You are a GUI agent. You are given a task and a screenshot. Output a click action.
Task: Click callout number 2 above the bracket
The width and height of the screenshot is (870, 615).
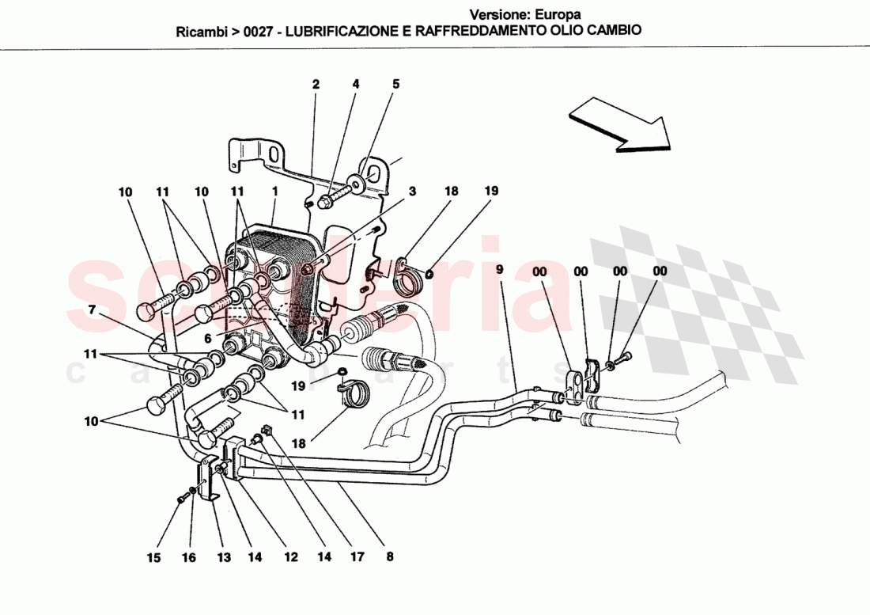tap(316, 84)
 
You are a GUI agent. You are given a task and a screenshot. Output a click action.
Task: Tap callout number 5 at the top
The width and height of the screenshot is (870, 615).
tap(396, 84)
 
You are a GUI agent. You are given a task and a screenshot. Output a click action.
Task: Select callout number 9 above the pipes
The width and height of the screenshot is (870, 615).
tap(499, 270)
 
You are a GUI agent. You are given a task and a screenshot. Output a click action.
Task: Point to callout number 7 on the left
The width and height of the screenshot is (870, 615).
tap(92, 309)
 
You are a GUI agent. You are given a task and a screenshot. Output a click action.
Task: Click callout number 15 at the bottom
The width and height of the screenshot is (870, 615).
tap(153, 558)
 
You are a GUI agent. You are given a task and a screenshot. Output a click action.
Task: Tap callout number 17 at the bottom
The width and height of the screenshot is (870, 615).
tap(357, 558)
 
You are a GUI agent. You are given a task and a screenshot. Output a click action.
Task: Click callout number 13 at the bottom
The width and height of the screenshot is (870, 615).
tap(224, 558)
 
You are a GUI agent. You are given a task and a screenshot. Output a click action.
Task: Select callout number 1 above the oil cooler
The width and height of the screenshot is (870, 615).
tap(274, 192)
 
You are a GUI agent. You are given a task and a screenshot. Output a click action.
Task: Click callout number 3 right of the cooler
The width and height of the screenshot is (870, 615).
tap(413, 192)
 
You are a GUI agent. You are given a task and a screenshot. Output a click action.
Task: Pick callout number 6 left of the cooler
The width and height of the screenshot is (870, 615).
tap(208, 338)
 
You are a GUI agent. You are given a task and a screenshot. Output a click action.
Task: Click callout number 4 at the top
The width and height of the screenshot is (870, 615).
tap(356, 84)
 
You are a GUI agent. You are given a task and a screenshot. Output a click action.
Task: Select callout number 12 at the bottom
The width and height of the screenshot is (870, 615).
tap(290, 558)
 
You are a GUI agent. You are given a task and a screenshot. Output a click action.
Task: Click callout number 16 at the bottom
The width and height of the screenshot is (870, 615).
tap(188, 558)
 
